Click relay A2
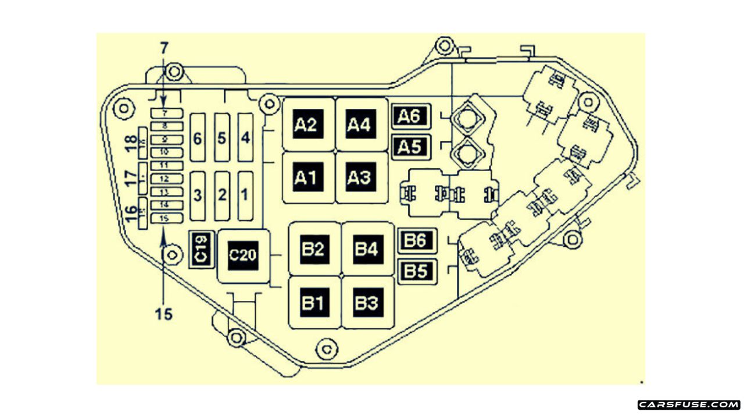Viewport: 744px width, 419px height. click(306, 125)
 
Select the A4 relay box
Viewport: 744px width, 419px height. click(359, 125)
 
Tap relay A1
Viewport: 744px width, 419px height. click(307, 177)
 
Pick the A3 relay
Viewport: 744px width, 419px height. click(359, 177)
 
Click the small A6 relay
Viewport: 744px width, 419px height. click(410, 117)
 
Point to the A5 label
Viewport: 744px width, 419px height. click(410, 146)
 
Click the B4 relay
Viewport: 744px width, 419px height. click(367, 249)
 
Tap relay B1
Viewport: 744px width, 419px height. click(313, 303)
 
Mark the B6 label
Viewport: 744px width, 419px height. click(416, 241)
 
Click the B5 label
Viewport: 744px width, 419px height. click(416, 271)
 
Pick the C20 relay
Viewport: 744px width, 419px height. click(243, 256)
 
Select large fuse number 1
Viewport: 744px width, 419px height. click(245, 196)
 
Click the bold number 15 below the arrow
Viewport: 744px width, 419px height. click(164, 314)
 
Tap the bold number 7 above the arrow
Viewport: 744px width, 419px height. click(164, 46)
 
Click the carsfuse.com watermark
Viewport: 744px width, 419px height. click(689, 404)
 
